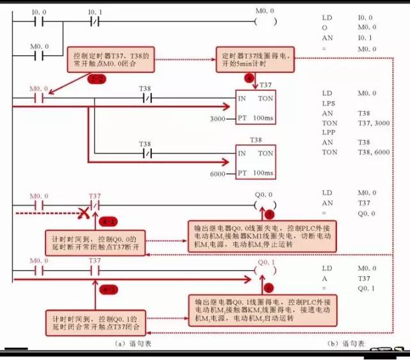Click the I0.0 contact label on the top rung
[x=40, y=12]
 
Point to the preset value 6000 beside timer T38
[x=218, y=174]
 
